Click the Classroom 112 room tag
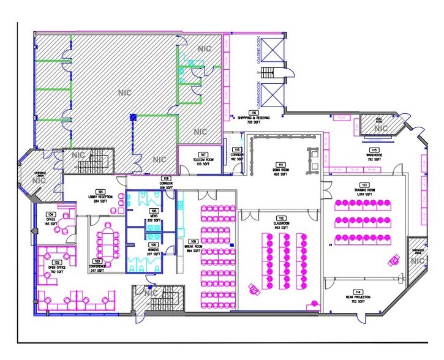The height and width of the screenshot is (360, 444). (x=282, y=222)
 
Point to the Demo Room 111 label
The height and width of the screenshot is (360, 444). (x=280, y=168)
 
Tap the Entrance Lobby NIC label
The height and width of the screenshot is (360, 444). (x=40, y=176)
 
